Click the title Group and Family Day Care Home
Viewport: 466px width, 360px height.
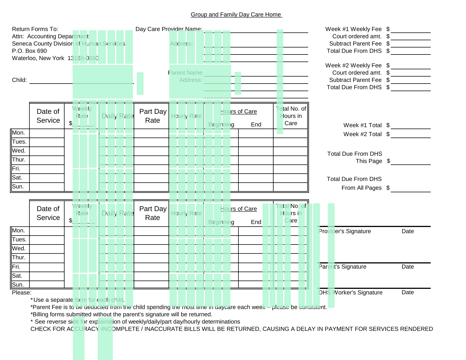pyautogui.click(x=236, y=15)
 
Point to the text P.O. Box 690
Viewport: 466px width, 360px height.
pyautogui.click(x=29, y=51)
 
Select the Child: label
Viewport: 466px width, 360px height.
pyautogui.click(x=19, y=80)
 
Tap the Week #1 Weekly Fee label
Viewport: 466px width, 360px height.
pyautogui.click(x=353, y=29)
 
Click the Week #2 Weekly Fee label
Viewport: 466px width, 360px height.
pyautogui.click(x=353, y=65)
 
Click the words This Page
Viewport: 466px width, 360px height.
pyautogui.click(x=369, y=161)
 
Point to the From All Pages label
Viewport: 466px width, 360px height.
pyautogui.click(x=361, y=188)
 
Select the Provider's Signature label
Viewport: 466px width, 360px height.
pyautogui.click(x=345, y=231)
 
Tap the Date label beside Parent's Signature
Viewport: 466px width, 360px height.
pyautogui.click(x=408, y=267)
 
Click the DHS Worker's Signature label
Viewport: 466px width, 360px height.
pyautogui.click(x=350, y=293)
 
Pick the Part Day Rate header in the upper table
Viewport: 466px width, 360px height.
pyautogui.click(x=153, y=116)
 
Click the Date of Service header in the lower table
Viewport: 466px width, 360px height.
pyautogui.click(x=48, y=213)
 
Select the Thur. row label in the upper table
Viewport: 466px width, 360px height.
pyautogui.click(x=19, y=160)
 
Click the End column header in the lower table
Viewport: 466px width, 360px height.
pyautogui.click(x=256, y=222)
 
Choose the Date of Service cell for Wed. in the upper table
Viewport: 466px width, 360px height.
pyautogui.click(x=47, y=151)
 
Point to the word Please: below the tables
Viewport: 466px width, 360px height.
pyautogui.click(x=22, y=293)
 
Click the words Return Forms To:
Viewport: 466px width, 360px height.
pyautogui.click(x=35, y=29)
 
